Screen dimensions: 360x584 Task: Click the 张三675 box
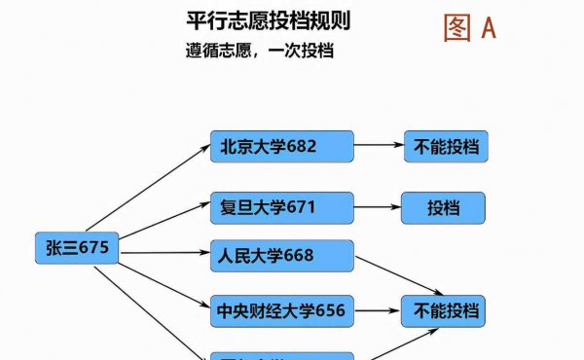(x=77, y=249)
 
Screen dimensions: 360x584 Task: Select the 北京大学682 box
(x=281, y=147)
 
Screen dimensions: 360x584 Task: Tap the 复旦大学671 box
(x=281, y=207)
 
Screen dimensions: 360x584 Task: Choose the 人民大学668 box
(x=281, y=256)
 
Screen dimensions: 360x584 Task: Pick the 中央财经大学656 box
(x=281, y=311)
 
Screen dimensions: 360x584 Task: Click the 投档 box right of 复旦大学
(x=443, y=207)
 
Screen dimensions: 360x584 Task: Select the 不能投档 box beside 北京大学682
(x=445, y=147)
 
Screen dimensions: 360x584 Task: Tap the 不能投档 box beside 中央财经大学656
(x=445, y=311)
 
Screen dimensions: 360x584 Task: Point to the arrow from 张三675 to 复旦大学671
(x=161, y=225)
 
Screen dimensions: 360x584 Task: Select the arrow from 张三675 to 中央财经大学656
(x=156, y=282)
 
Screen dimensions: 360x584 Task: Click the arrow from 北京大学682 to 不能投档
(x=380, y=147)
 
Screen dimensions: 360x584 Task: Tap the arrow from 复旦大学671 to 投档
(x=377, y=207)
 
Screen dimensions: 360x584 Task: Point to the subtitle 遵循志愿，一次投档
(x=260, y=50)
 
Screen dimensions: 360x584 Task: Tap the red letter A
(x=488, y=27)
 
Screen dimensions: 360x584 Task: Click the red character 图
(x=456, y=27)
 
